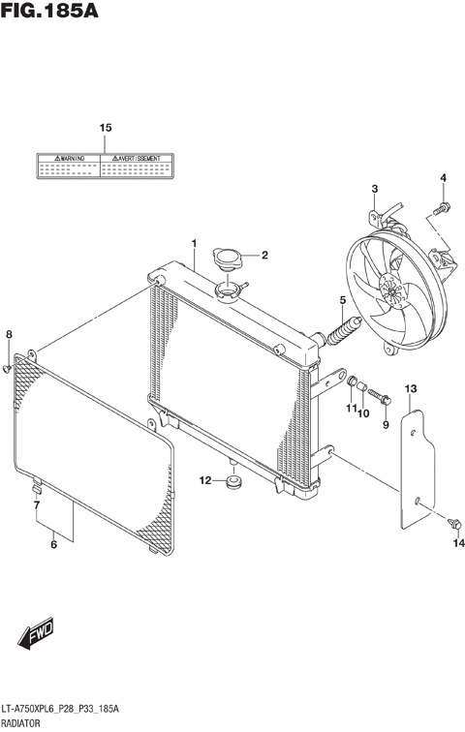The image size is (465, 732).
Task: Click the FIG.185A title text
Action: pyautogui.click(x=55, y=14)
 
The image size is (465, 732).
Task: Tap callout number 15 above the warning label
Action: pyautogui.click(x=106, y=128)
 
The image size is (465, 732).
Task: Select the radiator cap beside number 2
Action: pyautogui.click(x=229, y=259)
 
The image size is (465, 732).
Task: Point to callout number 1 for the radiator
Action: pyautogui.click(x=194, y=242)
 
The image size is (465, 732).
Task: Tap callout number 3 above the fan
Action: pyautogui.click(x=374, y=188)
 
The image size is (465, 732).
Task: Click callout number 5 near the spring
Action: pyautogui.click(x=342, y=300)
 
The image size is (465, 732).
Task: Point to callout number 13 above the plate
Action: pyautogui.click(x=411, y=388)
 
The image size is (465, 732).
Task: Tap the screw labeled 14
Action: pyautogui.click(x=452, y=524)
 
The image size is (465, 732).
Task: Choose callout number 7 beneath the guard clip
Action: pyautogui.click(x=37, y=504)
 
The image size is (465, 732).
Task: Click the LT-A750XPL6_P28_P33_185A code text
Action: pyautogui.click(x=60, y=709)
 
